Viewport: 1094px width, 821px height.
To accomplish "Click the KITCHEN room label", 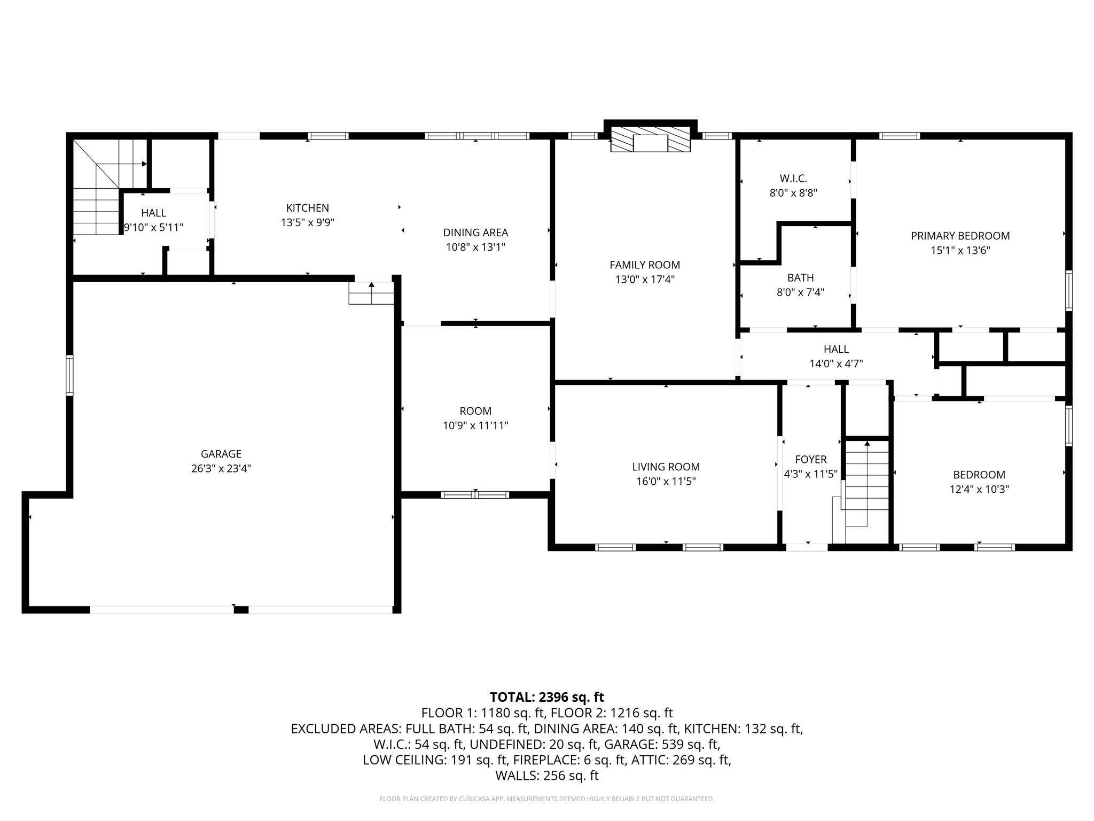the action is [x=308, y=208].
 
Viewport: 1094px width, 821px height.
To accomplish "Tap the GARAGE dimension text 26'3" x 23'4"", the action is [x=221, y=469].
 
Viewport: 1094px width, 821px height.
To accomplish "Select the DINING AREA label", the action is [x=475, y=233].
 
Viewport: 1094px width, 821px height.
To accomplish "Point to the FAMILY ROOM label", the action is [x=645, y=265].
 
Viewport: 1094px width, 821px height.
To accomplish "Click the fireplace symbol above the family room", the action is [x=650, y=140].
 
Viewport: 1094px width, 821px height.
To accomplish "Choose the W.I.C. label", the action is [x=793, y=179].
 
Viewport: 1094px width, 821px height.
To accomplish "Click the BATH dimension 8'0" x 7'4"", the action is [x=800, y=292].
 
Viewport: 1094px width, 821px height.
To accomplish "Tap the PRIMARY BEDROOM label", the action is [x=960, y=236].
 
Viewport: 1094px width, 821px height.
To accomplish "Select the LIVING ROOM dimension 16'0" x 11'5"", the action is [x=666, y=481].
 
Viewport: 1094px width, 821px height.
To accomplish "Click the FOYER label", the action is [x=810, y=460].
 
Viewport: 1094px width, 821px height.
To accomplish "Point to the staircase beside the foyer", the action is [x=866, y=483].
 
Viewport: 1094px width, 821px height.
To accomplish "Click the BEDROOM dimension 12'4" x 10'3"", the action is [x=979, y=489].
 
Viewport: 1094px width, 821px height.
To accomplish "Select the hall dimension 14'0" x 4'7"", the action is [x=836, y=364].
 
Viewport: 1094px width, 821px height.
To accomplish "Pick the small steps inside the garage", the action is [x=371, y=293].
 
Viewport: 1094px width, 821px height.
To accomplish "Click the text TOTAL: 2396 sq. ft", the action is [x=547, y=697].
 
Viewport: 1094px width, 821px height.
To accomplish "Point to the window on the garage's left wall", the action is [x=69, y=375].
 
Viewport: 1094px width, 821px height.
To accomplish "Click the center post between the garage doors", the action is [x=241, y=610].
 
